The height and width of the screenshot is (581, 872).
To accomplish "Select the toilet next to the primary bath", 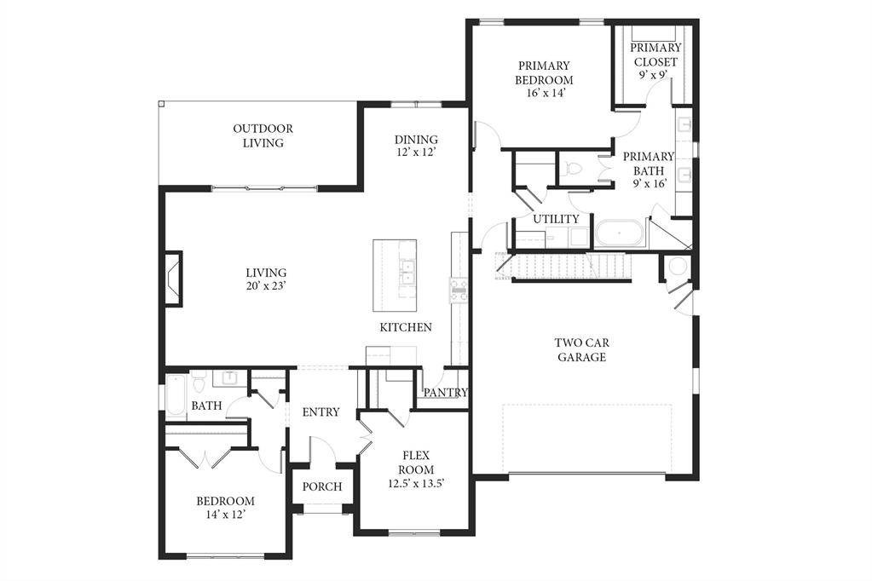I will tap(573, 168).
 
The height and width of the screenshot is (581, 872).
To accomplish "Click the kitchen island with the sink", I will tap(395, 275).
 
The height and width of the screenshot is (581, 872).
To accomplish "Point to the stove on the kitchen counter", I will tap(459, 290).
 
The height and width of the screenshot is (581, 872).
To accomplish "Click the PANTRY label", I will tap(446, 393).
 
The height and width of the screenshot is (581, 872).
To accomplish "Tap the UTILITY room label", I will tap(556, 219).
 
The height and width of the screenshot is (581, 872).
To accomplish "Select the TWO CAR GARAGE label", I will tap(581, 350).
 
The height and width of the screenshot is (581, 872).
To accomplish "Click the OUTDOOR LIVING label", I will tap(263, 136).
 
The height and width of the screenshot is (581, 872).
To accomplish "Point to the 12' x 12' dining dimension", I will tap(416, 154).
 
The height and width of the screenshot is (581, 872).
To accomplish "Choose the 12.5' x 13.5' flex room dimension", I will tap(416, 484).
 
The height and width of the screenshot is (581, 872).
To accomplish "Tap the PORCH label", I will tap(322, 487).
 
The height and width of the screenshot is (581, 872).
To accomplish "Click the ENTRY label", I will tap(321, 412).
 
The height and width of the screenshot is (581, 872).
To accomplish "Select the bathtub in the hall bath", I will tap(176, 395).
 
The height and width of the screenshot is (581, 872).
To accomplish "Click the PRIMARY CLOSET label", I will tap(655, 55).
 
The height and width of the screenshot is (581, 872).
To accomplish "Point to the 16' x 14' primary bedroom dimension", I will tap(543, 94).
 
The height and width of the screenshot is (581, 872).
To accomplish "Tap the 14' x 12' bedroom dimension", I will tap(225, 515).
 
